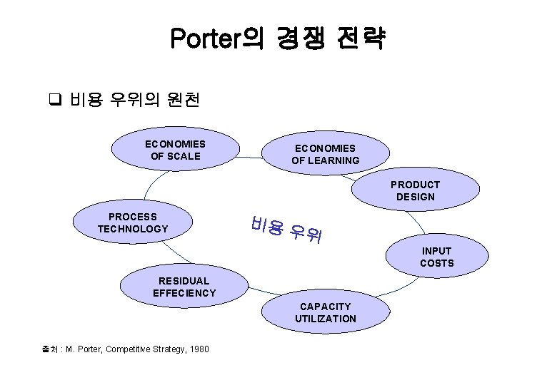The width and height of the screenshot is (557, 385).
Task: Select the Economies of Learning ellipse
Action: (325, 154)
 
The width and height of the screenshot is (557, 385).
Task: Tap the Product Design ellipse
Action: (415, 190)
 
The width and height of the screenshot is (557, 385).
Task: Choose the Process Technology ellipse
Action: (133, 222)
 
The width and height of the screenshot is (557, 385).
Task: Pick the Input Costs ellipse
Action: (436, 257)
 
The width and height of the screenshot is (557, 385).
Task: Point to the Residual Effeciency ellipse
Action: (184, 287)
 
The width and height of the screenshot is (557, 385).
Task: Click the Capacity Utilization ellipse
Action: (325, 312)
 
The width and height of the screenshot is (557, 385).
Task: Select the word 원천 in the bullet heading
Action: (182, 100)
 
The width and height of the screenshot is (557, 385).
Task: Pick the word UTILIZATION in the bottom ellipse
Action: (325, 319)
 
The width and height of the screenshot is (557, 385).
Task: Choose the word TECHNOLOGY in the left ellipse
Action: (133, 229)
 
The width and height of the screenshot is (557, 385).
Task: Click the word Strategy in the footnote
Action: (167, 349)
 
